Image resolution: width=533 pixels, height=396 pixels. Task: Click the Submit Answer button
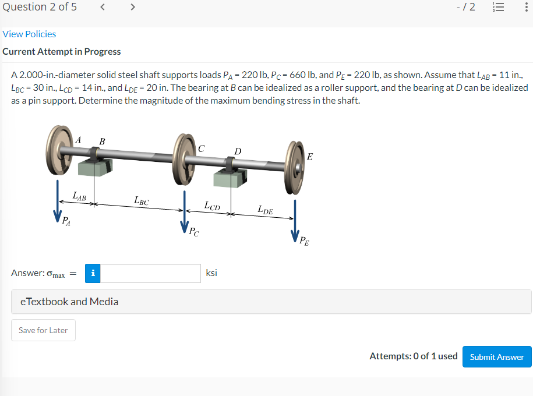coord(497,356)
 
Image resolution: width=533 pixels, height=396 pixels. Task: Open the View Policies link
coord(29,34)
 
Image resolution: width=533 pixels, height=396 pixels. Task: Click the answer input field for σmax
coord(150,273)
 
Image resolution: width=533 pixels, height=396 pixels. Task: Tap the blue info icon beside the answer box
coord(93,273)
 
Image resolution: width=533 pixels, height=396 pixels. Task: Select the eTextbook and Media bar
coord(271,302)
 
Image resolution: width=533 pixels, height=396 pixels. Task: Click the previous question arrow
coord(103,7)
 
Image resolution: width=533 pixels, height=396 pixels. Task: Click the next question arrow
coord(133,7)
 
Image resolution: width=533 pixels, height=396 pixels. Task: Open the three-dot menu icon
coord(526,7)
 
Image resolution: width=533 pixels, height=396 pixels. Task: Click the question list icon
coord(498,7)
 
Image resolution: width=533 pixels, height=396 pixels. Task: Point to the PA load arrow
coord(58,201)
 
